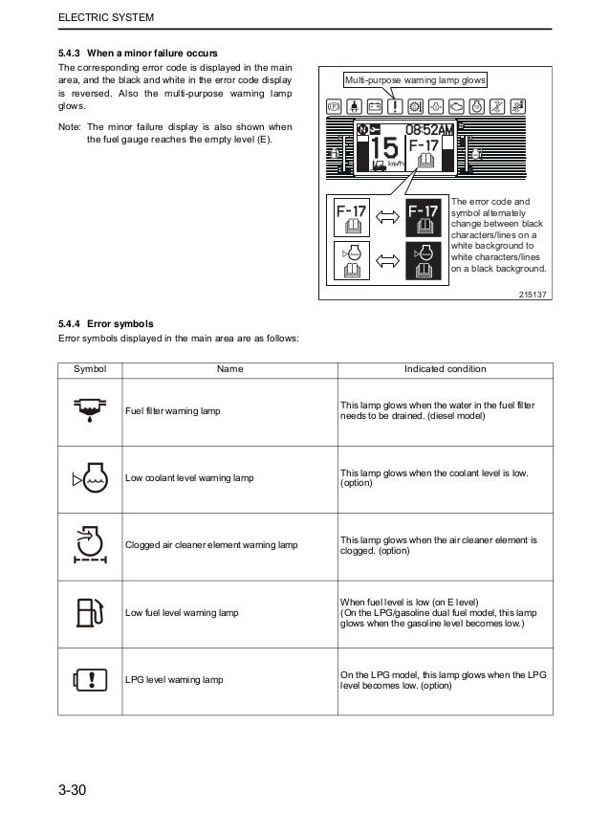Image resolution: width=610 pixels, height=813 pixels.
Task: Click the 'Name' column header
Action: tap(229, 369)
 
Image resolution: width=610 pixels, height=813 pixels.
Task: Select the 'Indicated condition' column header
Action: tap(445, 369)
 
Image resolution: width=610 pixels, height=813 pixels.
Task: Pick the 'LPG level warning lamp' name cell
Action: tap(174, 679)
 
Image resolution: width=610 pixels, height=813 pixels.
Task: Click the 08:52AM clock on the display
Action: tap(427, 128)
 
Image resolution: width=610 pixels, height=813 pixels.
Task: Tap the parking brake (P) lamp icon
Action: tap(335, 106)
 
